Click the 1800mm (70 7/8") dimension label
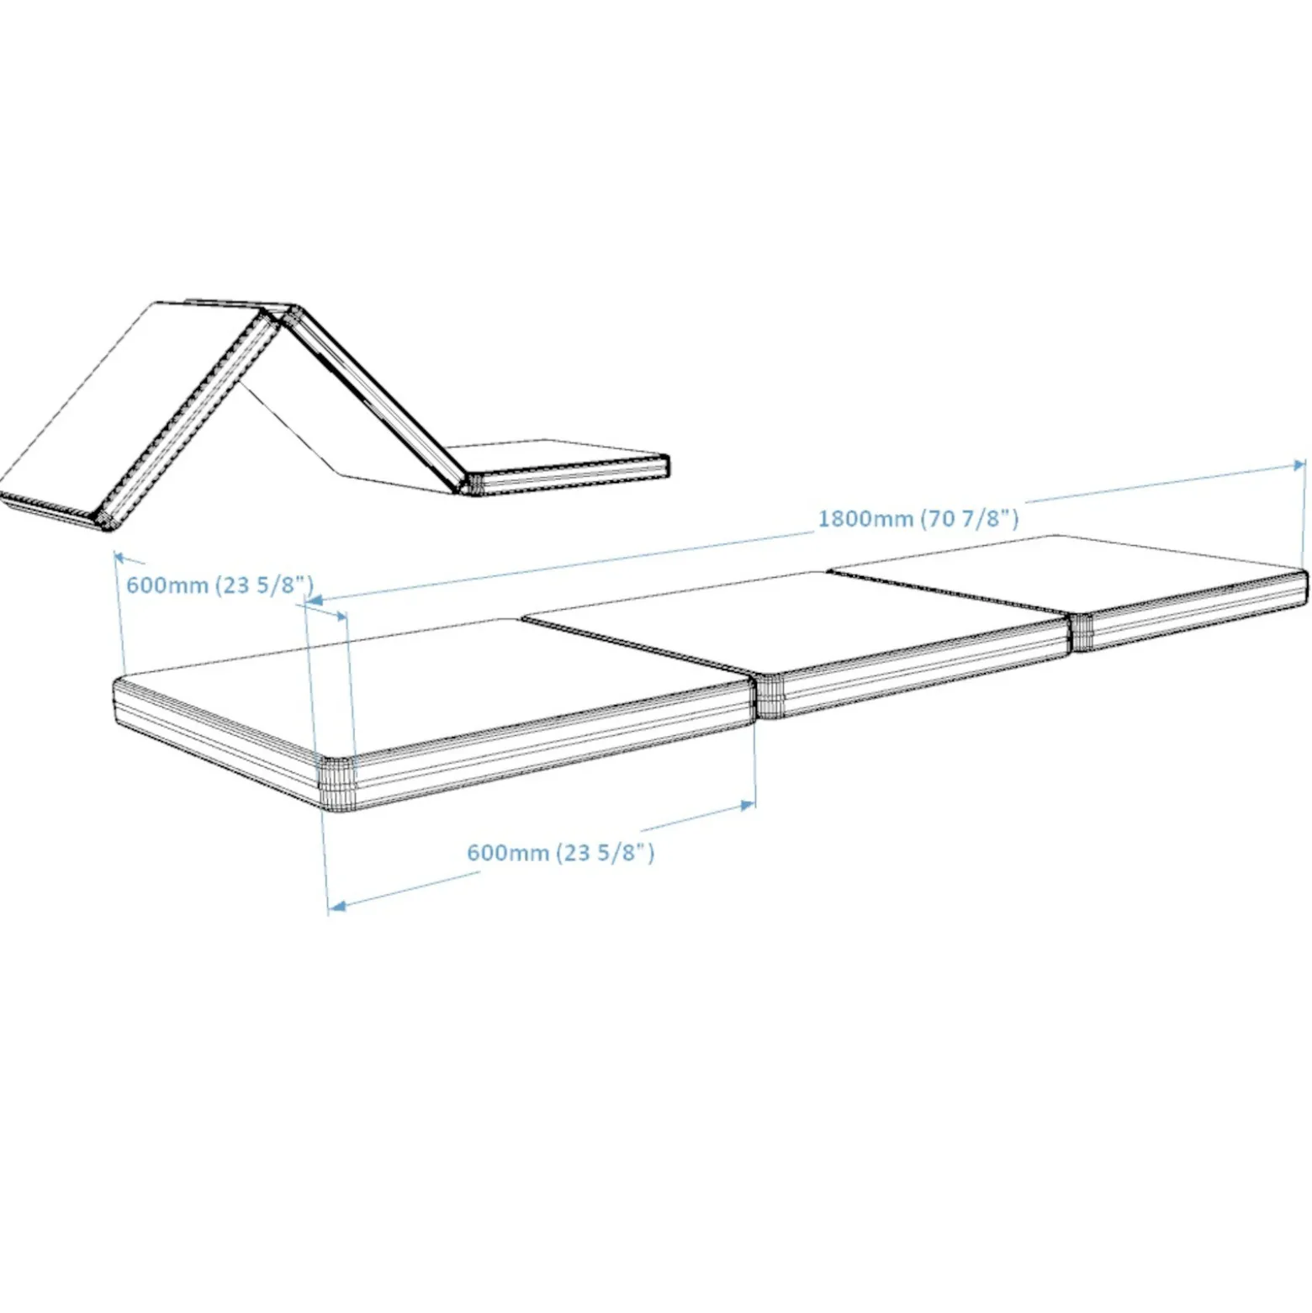point(918,517)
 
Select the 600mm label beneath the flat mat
point(560,852)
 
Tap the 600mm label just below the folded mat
point(220,584)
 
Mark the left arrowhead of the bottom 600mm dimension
point(336,906)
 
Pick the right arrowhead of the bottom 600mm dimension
point(746,805)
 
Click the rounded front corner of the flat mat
point(337,783)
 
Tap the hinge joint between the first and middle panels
point(769,696)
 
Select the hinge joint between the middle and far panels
point(1081,632)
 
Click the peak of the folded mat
point(282,312)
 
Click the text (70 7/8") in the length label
point(970,517)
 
